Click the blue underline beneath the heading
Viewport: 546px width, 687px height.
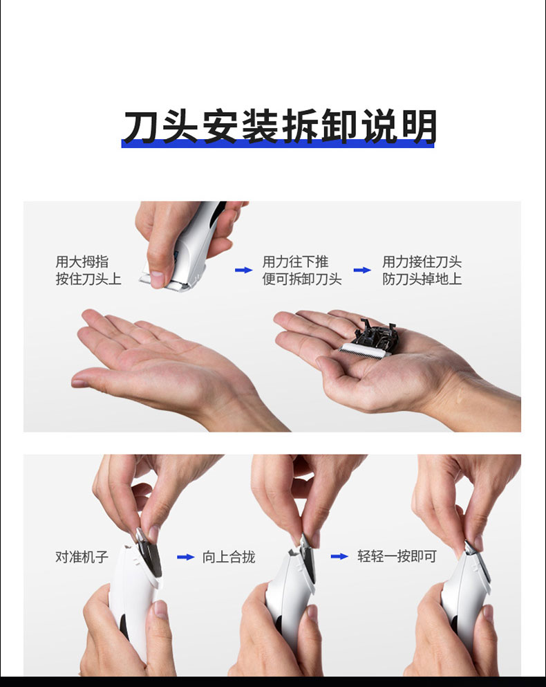278,144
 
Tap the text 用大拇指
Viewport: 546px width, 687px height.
82,262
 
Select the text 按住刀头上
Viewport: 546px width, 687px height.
88,279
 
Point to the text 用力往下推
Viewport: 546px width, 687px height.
296,262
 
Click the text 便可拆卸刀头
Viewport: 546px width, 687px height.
302,279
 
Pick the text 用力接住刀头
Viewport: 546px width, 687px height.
422,262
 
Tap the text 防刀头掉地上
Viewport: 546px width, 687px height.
422,279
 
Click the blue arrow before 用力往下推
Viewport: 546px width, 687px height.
244,270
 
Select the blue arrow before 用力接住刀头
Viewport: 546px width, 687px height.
363,270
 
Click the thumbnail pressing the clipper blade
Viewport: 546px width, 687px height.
157,279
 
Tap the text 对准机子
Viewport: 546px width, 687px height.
82,557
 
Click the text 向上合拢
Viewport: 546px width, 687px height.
229,557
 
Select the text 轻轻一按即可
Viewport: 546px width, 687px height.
397,556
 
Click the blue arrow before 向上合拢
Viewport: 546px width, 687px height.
186,557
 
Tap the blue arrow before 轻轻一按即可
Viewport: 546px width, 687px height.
339,556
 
